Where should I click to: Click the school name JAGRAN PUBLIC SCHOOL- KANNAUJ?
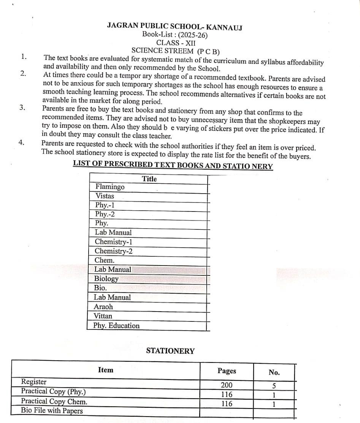click(x=174, y=26)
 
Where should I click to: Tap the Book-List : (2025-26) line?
click(x=175, y=35)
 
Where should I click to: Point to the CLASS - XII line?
click(x=176, y=43)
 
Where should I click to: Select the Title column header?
click(x=149, y=179)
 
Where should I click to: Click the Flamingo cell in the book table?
click(x=110, y=187)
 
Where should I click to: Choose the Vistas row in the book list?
click(x=105, y=196)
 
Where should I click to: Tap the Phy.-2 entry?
click(x=105, y=214)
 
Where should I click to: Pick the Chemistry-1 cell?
click(x=113, y=242)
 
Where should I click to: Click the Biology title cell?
click(x=106, y=278)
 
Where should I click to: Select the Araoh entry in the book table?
click(x=103, y=307)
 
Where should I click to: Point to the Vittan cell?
click(x=103, y=316)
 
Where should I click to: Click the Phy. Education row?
click(x=117, y=326)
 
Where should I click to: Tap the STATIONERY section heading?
click(x=170, y=351)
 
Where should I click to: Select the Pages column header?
click(x=227, y=371)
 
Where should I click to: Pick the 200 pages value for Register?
click(x=227, y=385)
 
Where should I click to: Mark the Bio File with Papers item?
click(x=52, y=410)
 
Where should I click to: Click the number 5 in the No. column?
click(x=274, y=386)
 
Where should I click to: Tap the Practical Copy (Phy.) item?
click(x=53, y=391)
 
